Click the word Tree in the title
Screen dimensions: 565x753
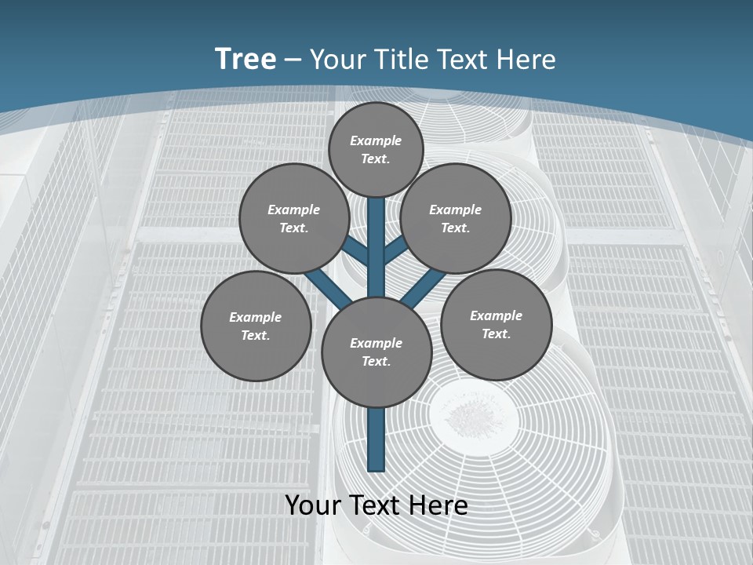point(246,60)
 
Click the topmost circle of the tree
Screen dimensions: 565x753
point(376,149)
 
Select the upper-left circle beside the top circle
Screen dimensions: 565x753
point(294,218)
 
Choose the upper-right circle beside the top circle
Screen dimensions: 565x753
point(456,218)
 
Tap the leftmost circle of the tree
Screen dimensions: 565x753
point(256,326)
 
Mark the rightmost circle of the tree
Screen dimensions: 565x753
point(496,324)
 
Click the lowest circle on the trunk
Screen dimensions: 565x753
point(376,352)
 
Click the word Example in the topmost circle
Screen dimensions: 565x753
point(376,140)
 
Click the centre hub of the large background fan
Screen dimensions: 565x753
point(473,413)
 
